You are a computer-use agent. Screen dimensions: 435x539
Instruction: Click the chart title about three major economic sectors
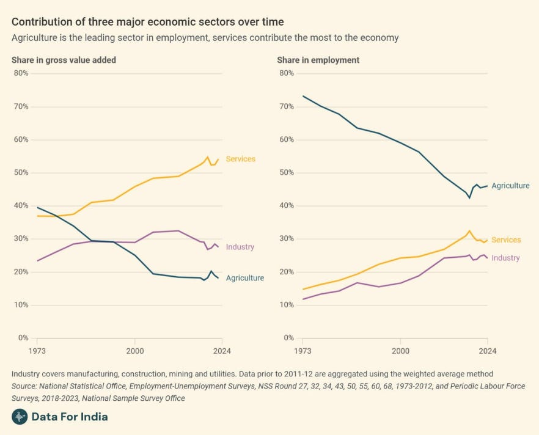click(x=147, y=22)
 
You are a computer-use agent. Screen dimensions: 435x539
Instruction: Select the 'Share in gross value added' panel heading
click(x=64, y=60)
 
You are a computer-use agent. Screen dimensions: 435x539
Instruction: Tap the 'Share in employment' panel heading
click(x=318, y=60)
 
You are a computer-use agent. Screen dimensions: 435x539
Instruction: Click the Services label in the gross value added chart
click(x=240, y=159)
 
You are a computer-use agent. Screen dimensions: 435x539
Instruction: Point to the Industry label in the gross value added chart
click(x=240, y=247)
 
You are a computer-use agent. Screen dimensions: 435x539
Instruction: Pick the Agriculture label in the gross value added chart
click(x=245, y=278)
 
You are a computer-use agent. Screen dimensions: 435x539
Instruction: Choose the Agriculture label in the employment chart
click(x=510, y=186)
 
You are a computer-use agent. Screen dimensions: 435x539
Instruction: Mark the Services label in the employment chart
click(x=506, y=240)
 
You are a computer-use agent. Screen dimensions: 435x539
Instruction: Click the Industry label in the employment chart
click(x=505, y=258)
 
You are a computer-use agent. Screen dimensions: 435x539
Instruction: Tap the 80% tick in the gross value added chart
click(x=21, y=73)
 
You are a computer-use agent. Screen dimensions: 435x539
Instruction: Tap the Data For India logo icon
click(x=20, y=417)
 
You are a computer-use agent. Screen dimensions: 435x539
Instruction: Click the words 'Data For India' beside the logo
click(x=70, y=417)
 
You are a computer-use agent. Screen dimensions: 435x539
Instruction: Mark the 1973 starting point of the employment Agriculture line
click(x=302, y=96)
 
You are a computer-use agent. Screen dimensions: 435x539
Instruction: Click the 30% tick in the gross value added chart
click(x=21, y=239)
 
